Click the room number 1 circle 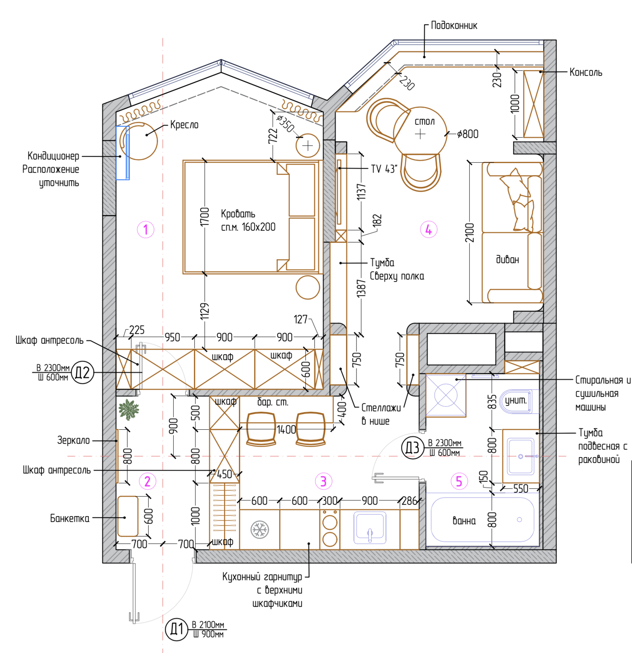pos(146,230)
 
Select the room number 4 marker pos(428,230)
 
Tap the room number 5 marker pos(459,481)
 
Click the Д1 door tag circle pos(177,629)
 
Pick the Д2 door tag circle pos(83,372)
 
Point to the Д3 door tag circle pos(412,448)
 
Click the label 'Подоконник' pos(454,26)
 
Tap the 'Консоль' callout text pos(586,72)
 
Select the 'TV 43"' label pos(384,169)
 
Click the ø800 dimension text pos(468,134)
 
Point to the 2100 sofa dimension pos(470,233)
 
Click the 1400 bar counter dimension pos(287,429)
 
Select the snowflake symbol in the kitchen pos(260,530)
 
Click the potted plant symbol pos(129,409)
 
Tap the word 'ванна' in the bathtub pos(464,521)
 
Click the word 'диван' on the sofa pos(507,259)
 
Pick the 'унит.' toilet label pos(516,400)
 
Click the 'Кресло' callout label pos(184,125)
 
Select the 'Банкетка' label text pos(70,518)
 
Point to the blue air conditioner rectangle pos(123,153)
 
